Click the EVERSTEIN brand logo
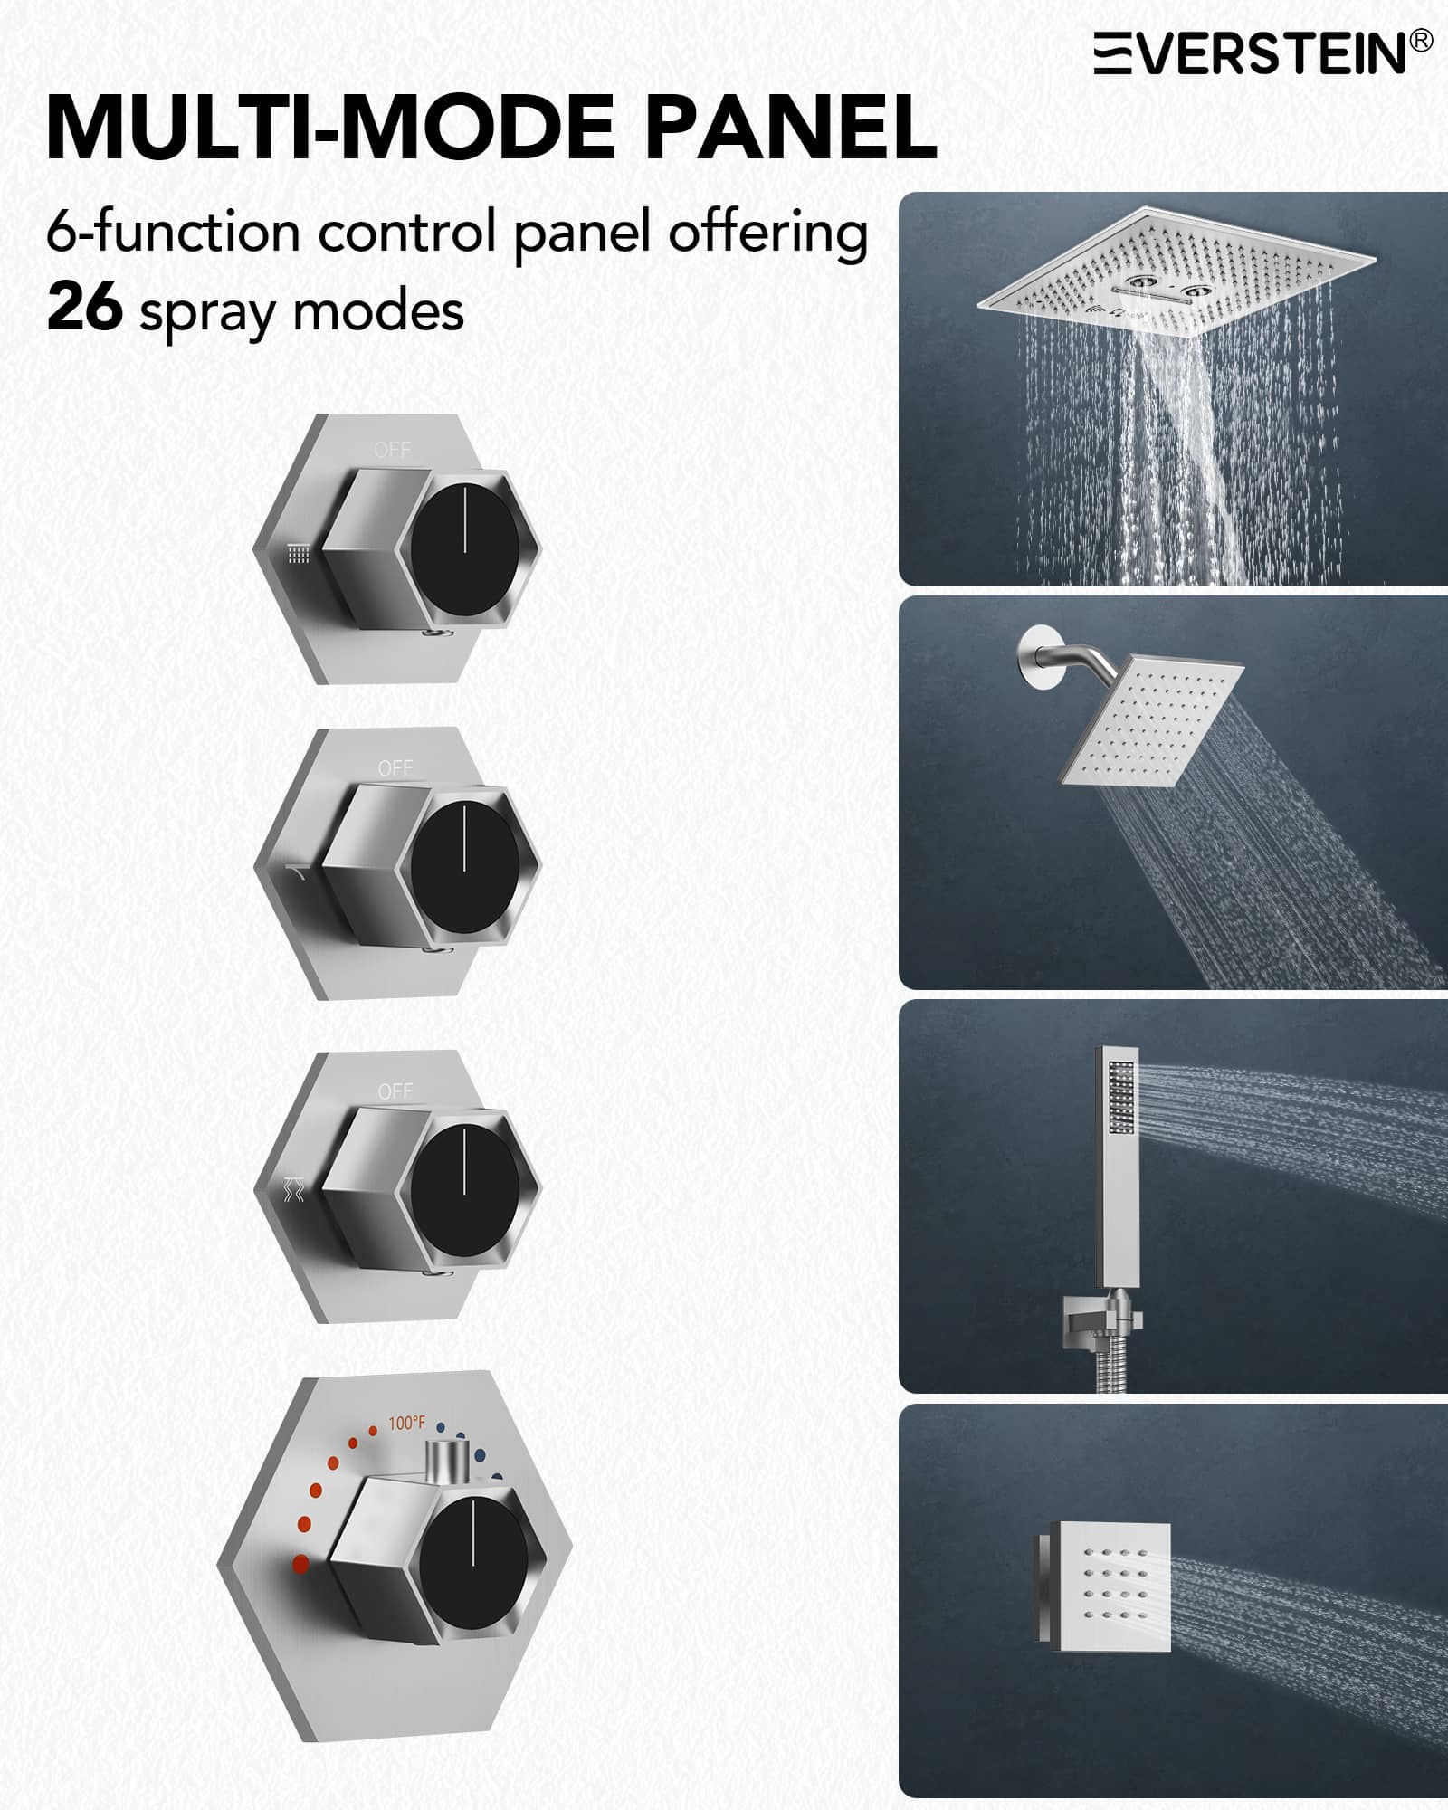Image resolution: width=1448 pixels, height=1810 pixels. [1263, 53]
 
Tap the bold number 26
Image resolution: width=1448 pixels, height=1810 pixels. [84, 308]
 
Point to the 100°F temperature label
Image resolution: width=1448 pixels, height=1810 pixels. [406, 1423]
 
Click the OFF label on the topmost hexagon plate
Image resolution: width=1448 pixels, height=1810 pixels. [393, 450]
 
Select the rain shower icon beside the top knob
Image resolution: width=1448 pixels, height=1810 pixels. [299, 554]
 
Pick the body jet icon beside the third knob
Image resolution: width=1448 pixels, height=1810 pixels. [295, 1189]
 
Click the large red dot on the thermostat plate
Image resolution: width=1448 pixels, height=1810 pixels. [300, 1563]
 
